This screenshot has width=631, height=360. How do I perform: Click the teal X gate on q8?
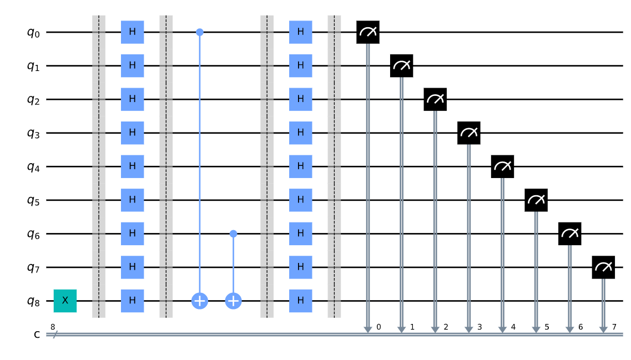pyautogui.click(x=65, y=301)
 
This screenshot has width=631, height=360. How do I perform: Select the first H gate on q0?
pyautogui.click(x=133, y=32)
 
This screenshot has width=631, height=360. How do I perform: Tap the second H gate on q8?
pyautogui.click(x=300, y=301)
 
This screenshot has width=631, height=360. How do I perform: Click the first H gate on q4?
pyautogui.click(x=133, y=166)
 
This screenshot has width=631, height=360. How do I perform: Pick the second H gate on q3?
pyautogui.click(x=300, y=133)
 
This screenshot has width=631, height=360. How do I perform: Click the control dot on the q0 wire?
pyautogui.click(x=200, y=32)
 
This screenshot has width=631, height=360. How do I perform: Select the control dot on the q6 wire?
pyautogui.click(x=233, y=234)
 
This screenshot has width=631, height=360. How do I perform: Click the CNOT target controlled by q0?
pyautogui.click(x=200, y=301)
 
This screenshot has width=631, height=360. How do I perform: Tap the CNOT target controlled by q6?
pyautogui.click(x=233, y=301)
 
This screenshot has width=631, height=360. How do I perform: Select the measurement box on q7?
pyautogui.click(x=603, y=267)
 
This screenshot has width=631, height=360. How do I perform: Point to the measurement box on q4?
pyautogui.click(x=502, y=166)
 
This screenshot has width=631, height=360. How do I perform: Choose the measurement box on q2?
pyautogui.click(x=435, y=99)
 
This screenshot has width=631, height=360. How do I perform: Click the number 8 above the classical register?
pyautogui.click(x=53, y=327)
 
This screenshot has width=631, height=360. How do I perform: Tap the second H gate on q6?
pyautogui.click(x=300, y=234)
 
